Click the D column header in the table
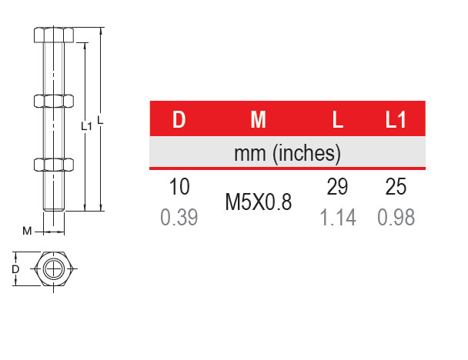179,119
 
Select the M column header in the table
258,119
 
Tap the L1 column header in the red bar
396,119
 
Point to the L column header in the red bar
338,119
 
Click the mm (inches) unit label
287,154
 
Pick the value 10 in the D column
179,187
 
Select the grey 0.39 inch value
179,217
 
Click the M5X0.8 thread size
259,202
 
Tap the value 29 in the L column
337,187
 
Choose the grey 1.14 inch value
338,217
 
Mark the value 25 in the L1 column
396,187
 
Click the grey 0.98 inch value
396,217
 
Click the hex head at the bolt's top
54,35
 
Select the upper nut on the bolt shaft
54,101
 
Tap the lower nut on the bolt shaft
54,165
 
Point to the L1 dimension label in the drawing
86,126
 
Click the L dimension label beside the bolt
101,120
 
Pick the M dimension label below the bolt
27,231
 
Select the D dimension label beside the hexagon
15,269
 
